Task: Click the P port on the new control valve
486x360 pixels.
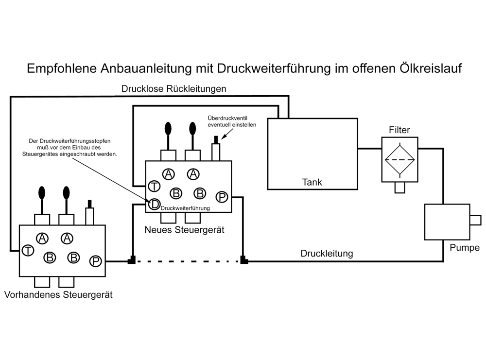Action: [222, 197]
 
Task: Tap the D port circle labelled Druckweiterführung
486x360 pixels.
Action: [154, 204]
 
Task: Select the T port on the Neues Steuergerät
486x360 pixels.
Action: [154, 186]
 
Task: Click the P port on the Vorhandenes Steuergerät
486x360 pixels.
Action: [95, 261]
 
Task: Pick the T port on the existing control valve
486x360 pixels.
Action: [28, 250]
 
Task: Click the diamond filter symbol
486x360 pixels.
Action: [399, 160]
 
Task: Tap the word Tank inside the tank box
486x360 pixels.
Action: [312, 182]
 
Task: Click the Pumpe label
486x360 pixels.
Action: [465, 248]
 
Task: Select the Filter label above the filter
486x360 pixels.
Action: [399, 130]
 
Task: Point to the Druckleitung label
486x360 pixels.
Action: [327, 254]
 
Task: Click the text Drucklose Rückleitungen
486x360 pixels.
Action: [174, 88]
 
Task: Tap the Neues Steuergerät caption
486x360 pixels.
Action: [184, 230]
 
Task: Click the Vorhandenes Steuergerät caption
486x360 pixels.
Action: [58, 294]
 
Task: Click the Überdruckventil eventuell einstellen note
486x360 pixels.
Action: [232, 121]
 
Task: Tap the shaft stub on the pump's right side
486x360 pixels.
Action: [475, 220]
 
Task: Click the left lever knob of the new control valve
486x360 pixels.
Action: [168, 128]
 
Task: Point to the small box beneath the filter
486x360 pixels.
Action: [400, 188]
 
